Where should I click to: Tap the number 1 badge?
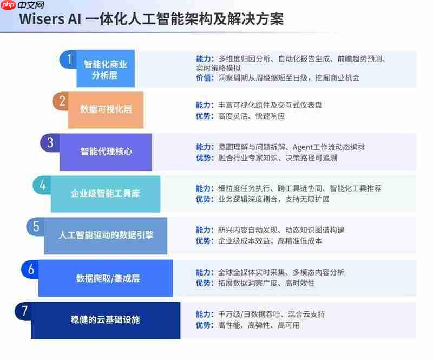[68, 58]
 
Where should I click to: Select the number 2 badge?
[61, 101]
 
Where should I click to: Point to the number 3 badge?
[50, 142]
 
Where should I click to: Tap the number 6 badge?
[30, 269]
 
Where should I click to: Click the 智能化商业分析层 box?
[106, 69]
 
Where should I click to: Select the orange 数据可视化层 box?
[106, 109]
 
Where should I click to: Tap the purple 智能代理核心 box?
[106, 152]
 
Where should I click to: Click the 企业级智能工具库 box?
[106, 194]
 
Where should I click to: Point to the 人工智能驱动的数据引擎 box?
[106, 235]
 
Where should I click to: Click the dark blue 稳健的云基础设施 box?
[106, 320]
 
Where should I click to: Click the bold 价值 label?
[204, 77]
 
